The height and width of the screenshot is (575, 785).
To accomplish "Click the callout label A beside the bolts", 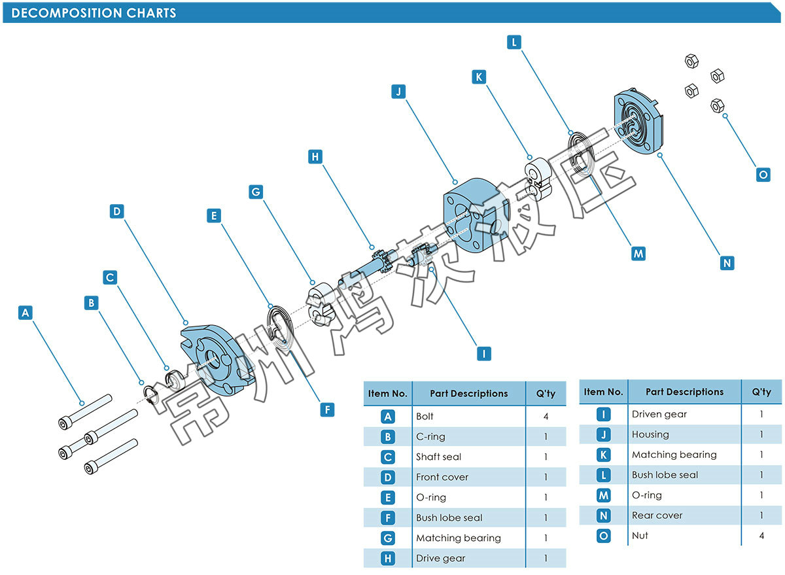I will (26, 313).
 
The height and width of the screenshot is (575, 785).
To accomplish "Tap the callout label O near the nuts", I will (763, 175).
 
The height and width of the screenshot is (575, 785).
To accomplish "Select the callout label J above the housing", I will (398, 91).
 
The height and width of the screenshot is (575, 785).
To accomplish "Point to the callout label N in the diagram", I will (727, 263).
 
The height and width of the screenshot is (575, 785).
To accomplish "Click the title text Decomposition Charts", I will (94, 13).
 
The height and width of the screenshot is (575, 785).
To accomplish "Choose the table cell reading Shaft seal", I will (438, 457).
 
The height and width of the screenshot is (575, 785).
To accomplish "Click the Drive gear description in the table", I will (441, 558).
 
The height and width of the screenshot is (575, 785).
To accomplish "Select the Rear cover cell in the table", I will (657, 515).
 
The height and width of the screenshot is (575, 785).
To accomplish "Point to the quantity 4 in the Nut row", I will (761, 536).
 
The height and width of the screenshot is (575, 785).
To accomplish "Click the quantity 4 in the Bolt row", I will (546, 416).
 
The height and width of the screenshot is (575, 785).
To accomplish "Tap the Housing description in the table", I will (650, 434).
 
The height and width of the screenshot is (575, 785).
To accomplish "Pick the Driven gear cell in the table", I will (659, 414).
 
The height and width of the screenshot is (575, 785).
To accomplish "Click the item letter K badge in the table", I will (604, 455).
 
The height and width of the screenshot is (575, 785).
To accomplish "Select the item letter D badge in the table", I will (388, 477).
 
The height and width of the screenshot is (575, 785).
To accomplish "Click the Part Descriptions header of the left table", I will (468, 394).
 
